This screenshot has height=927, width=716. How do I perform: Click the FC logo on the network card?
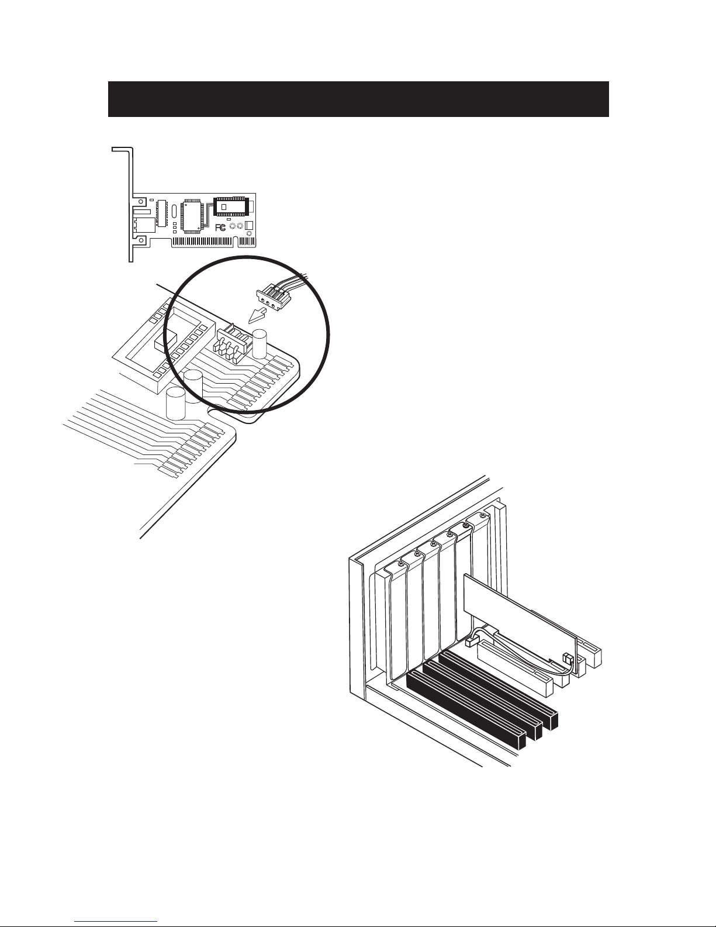pyautogui.click(x=220, y=228)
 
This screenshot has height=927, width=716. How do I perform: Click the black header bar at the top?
pyautogui.click(x=358, y=99)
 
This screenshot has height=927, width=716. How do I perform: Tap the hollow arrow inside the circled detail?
pyautogui.click(x=257, y=316)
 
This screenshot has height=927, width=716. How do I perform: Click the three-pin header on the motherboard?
pyautogui.click(x=232, y=342)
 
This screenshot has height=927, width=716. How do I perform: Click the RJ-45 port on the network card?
pyautogui.click(x=144, y=225)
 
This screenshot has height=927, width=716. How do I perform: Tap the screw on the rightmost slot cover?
pyautogui.click(x=482, y=515)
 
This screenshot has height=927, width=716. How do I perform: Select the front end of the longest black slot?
pyautogui.click(x=521, y=741)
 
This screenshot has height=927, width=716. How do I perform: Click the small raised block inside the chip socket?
pyautogui.click(x=166, y=342)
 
